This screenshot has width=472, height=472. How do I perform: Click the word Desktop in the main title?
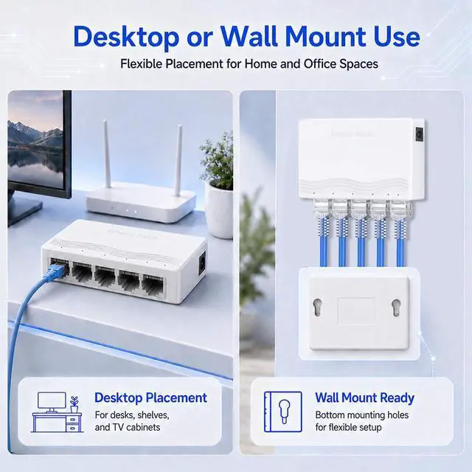(126, 38)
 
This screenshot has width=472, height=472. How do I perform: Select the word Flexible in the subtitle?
(142, 64)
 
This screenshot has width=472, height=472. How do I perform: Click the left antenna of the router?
(107, 154)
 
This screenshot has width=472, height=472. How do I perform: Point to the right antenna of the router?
(178, 157)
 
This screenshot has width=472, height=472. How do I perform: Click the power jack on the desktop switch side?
(203, 264)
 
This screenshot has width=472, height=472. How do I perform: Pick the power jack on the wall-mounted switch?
(419, 134)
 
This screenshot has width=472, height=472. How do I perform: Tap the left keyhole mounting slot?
(317, 308)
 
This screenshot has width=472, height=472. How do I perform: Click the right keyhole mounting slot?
(396, 308)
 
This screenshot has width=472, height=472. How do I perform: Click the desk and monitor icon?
(58, 412)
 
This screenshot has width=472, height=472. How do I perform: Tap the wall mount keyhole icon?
(283, 412)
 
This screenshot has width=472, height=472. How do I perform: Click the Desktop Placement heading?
(150, 398)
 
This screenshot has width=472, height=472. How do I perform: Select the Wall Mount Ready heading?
(365, 398)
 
